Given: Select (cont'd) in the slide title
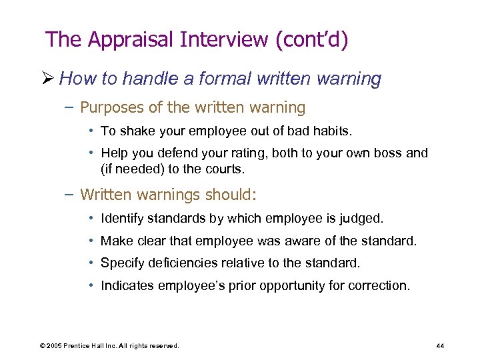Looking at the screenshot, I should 310,40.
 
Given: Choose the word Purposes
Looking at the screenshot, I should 112,107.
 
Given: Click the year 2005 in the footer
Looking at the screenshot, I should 55,346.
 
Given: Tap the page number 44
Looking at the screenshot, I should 440,346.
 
